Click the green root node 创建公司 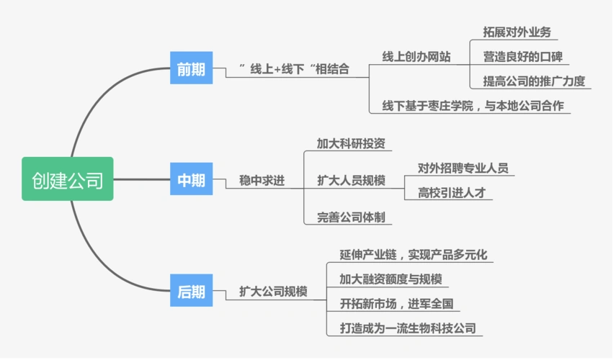pyautogui.click(x=67, y=179)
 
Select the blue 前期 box pyautogui.click(x=191, y=69)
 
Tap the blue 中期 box pyautogui.click(x=191, y=180)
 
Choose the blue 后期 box pyautogui.click(x=191, y=292)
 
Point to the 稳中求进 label pyautogui.click(x=262, y=181)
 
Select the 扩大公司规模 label pyautogui.click(x=273, y=292)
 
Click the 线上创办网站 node pyautogui.click(x=416, y=57)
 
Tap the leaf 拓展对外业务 pyautogui.click(x=517, y=32)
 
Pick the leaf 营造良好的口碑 pyautogui.click(x=522, y=56)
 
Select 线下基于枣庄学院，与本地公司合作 pyautogui.click(x=472, y=106)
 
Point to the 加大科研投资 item pyautogui.click(x=351, y=143)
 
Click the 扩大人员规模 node pyautogui.click(x=351, y=181)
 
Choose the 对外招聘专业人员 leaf pyautogui.click(x=463, y=168)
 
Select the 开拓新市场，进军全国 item pyautogui.click(x=395, y=303)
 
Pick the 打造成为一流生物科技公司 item pyautogui.click(x=408, y=328)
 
